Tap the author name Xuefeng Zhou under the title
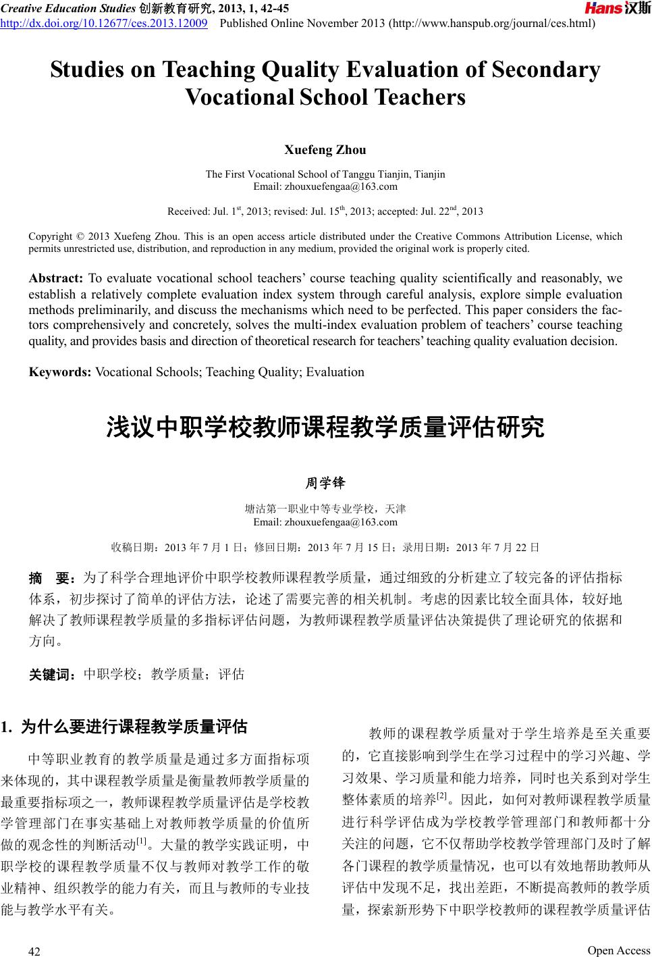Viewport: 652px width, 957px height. tap(325, 149)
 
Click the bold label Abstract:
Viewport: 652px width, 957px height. tap(55, 278)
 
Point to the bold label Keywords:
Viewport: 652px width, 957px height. tap(60, 372)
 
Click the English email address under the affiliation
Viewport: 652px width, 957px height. tap(325, 186)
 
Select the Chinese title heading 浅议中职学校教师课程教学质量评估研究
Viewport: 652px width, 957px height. tap(325, 428)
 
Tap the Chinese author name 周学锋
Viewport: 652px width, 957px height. tap(325, 483)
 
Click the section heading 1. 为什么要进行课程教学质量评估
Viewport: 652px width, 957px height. tap(124, 727)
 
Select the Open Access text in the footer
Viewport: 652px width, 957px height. tap(618, 950)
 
